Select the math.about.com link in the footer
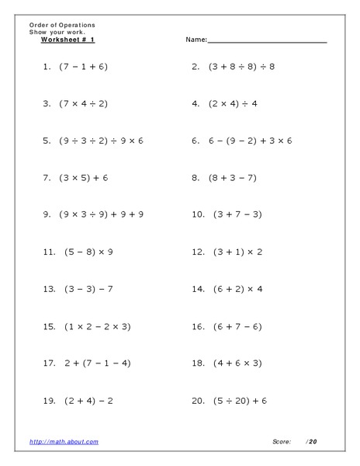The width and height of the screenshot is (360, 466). (x=64, y=441)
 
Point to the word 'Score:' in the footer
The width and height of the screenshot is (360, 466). (x=282, y=441)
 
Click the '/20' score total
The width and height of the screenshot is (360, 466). (x=312, y=441)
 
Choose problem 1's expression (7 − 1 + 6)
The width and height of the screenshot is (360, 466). (x=83, y=67)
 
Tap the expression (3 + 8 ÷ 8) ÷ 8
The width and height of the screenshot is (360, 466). (x=241, y=67)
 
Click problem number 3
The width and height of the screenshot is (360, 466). (x=47, y=103)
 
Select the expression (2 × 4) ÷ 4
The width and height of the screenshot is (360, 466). (x=230, y=103)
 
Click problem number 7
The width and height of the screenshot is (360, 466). (x=47, y=178)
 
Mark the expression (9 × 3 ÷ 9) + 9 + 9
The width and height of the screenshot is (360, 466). (x=101, y=215)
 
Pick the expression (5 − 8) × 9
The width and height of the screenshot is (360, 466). (x=86, y=252)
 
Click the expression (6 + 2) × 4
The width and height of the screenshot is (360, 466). (x=234, y=289)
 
